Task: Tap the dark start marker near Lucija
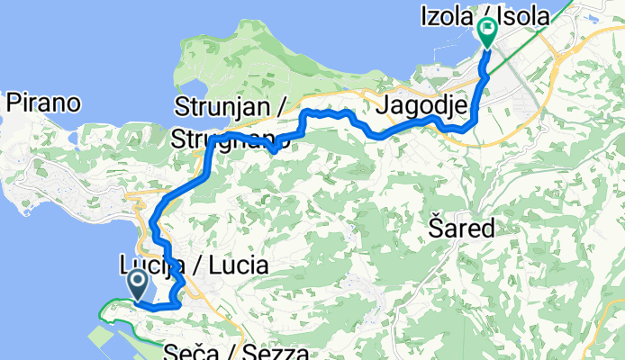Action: click(x=139, y=285)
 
